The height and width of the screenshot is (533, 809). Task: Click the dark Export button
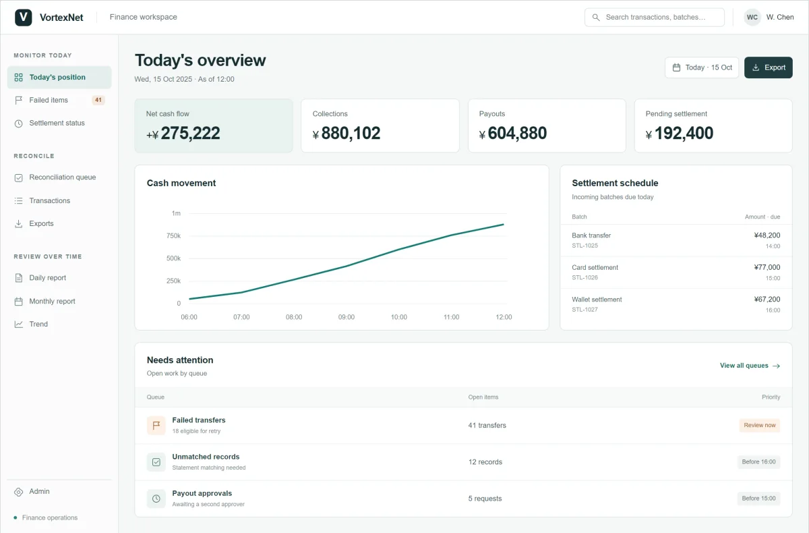(x=768, y=67)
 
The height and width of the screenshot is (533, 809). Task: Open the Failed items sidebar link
(x=49, y=100)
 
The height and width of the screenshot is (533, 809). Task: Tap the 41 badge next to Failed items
(x=98, y=100)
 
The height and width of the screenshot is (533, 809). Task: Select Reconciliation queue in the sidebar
(x=62, y=177)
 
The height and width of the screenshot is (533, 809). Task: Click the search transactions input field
(x=655, y=17)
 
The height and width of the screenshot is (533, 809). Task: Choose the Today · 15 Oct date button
(x=702, y=67)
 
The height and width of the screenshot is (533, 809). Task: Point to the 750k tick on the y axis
(x=173, y=235)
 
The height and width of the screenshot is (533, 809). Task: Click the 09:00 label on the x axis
(x=347, y=317)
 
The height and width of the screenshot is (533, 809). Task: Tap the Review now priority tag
(x=760, y=425)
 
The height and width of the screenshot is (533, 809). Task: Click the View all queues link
(x=750, y=365)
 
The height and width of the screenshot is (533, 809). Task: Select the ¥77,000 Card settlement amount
(x=767, y=267)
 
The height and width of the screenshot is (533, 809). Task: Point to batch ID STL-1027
(x=585, y=309)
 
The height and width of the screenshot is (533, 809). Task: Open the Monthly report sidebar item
(x=52, y=301)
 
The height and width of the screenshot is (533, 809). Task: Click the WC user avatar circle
(x=752, y=17)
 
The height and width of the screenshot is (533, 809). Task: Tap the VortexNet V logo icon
(x=24, y=17)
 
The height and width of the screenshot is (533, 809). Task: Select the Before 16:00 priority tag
(x=759, y=461)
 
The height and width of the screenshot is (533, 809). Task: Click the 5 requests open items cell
(x=485, y=499)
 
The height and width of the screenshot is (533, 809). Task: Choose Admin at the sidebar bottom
(x=39, y=491)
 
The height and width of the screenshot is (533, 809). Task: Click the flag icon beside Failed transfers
(x=156, y=425)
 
